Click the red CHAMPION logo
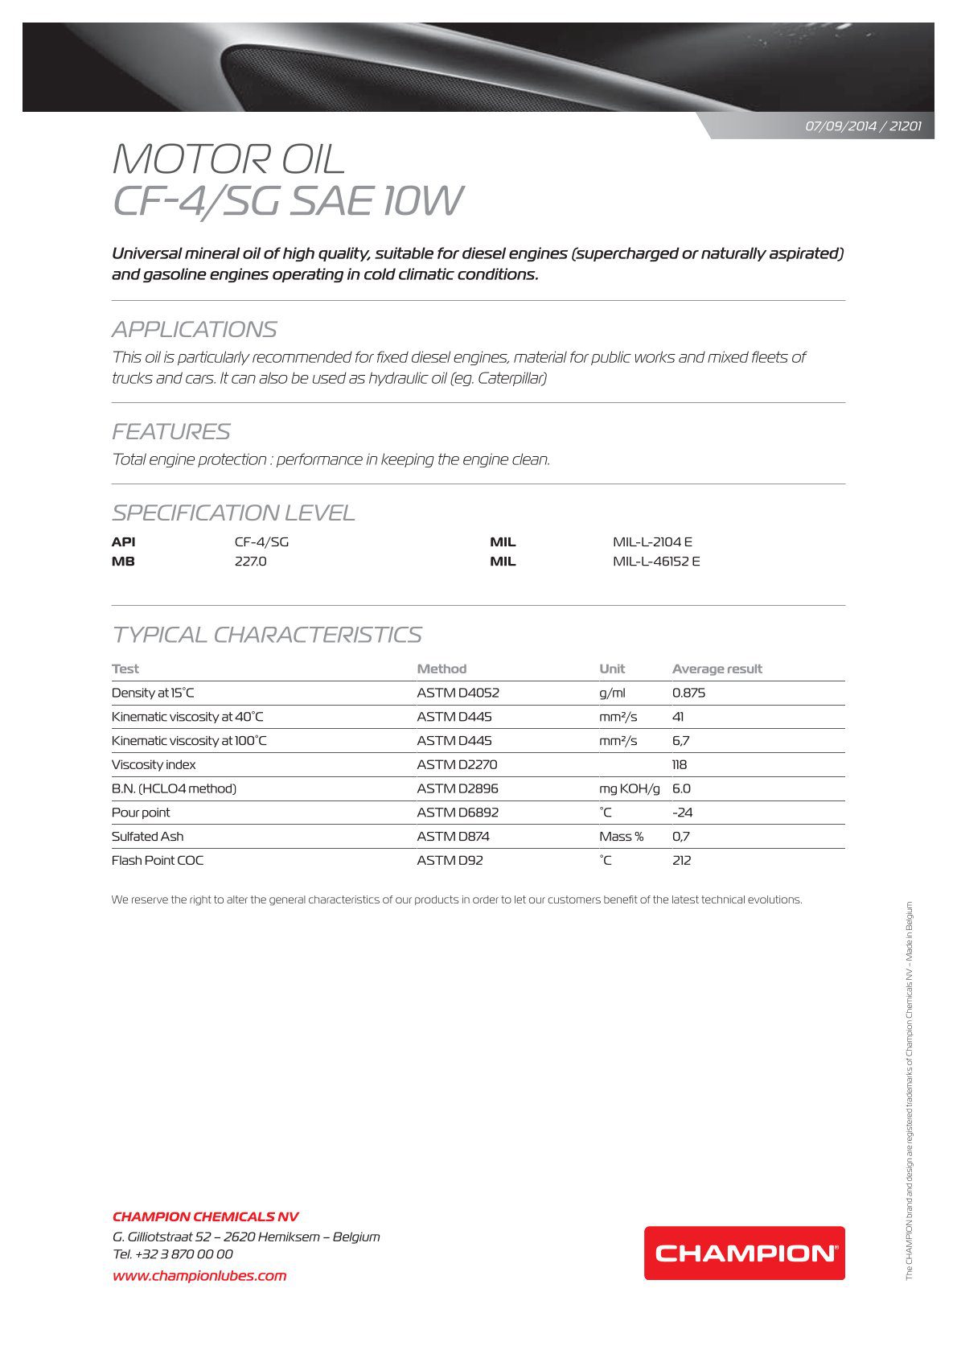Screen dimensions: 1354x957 (x=744, y=1253)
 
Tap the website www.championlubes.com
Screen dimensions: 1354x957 (x=199, y=1275)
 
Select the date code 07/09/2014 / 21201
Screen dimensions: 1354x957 (x=863, y=126)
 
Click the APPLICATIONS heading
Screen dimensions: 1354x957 (x=195, y=329)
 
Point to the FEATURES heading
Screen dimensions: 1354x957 (x=171, y=432)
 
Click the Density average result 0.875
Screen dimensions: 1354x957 (x=688, y=693)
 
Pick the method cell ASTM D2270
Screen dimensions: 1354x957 (x=457, y=764)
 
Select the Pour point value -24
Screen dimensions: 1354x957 (x=682, y=813)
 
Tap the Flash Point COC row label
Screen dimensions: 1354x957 (x=158, y=860)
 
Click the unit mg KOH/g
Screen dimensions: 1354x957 (x=629, y=788)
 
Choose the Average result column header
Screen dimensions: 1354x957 (x=717, y=669)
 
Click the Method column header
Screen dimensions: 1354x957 (x=442, y=669)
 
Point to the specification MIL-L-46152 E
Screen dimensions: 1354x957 (x=656, y=562)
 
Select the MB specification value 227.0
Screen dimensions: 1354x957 (x=250, y=562)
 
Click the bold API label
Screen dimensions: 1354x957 (x=123, y=542)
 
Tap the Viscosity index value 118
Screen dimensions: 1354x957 (x=680, y=764)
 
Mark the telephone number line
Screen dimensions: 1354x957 (x=173, y=1253)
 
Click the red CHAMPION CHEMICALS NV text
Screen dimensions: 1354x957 (x=205, y=1216)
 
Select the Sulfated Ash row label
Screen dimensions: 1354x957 (x=147, y=837)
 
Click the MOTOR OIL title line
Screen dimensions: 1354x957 (x=228, y=159)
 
